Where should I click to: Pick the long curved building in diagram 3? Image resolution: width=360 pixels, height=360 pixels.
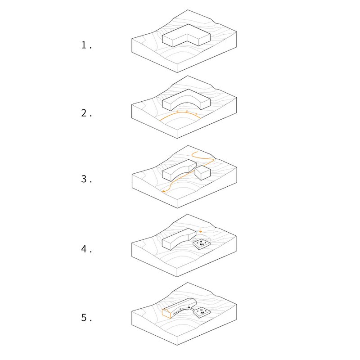(177, 170)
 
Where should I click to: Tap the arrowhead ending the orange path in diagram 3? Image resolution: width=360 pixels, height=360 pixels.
(163, 191)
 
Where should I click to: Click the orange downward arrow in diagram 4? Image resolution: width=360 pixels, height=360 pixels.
(200, 231)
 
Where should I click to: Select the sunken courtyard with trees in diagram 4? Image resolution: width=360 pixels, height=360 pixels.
(202, 244)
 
